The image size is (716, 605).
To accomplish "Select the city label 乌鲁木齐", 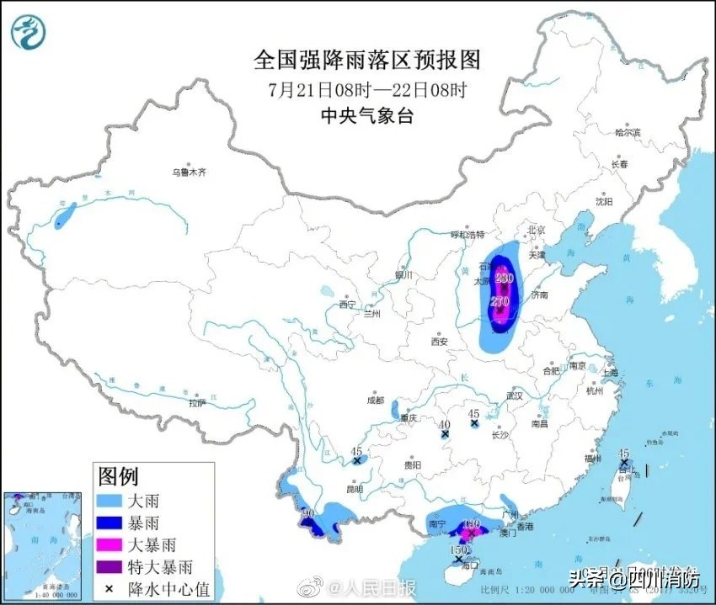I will click(x=190, y=172).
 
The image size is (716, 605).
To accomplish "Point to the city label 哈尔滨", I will click(x=628, y=133).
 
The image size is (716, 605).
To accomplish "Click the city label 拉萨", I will click(x=197, y=403).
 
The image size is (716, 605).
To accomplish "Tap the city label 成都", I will click(x=375, y=401).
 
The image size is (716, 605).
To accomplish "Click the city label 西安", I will click(x=439, y=341).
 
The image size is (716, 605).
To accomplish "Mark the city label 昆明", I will click(x=354, y=489).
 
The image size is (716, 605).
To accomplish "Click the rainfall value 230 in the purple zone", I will click(x=505, y=277).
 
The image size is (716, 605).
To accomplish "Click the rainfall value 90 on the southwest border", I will click(x=308, y=512).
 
